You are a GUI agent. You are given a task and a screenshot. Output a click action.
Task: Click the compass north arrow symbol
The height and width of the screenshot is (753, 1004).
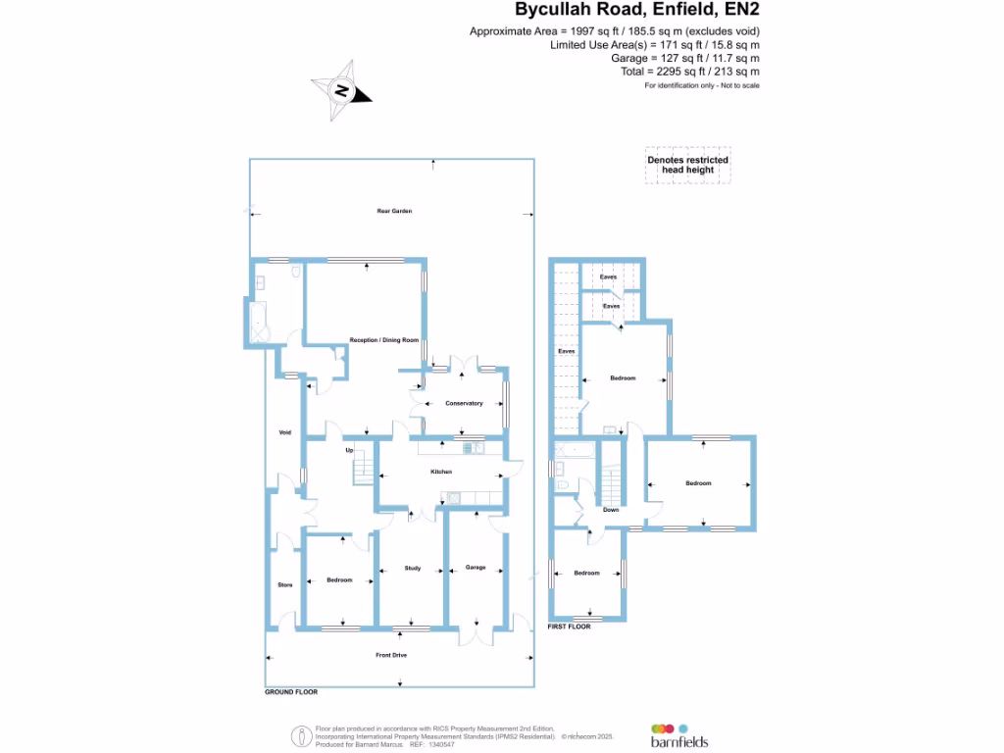(341, 91)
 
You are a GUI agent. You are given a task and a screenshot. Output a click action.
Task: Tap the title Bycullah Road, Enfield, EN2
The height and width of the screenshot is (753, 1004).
(637, 11)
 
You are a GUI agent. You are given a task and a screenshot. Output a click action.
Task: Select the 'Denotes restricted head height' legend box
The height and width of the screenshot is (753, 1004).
(687, 165)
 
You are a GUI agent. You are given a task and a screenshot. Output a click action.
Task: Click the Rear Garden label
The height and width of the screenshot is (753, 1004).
(393, 212)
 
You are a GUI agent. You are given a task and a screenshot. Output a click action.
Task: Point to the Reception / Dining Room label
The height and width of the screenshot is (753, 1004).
(384, 340)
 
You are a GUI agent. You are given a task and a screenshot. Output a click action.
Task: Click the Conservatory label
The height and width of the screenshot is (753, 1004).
(464, 404)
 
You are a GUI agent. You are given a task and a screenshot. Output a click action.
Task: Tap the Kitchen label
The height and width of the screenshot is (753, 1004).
(441, 473)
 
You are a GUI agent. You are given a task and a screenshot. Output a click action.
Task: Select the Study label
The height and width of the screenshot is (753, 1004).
(413, 568)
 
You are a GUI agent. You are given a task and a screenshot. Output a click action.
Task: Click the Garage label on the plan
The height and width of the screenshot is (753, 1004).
(476, 568)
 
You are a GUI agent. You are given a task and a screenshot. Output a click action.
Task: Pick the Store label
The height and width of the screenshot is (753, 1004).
(285, 585)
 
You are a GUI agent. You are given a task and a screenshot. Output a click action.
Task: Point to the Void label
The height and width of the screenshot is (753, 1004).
(285, 432)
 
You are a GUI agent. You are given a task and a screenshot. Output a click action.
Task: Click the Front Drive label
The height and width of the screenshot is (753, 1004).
(391, 655)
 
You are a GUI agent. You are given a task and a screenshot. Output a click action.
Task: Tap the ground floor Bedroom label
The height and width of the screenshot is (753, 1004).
(339, 580)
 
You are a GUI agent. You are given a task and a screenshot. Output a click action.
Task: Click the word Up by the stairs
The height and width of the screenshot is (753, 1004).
(348, 451)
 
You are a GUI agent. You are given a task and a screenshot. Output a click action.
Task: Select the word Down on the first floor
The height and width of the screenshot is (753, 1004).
(611, 510)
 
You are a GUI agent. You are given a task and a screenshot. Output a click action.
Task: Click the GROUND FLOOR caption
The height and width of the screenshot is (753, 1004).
(291, 692)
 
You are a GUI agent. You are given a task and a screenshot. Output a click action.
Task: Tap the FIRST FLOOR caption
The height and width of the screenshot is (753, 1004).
(570, 626)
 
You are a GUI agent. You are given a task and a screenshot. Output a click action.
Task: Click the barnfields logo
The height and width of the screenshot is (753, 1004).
(678, 735)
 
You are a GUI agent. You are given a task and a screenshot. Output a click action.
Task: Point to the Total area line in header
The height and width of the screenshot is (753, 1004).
(704, 72)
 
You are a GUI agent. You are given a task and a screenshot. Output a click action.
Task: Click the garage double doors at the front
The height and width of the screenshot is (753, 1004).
(477, 633)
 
